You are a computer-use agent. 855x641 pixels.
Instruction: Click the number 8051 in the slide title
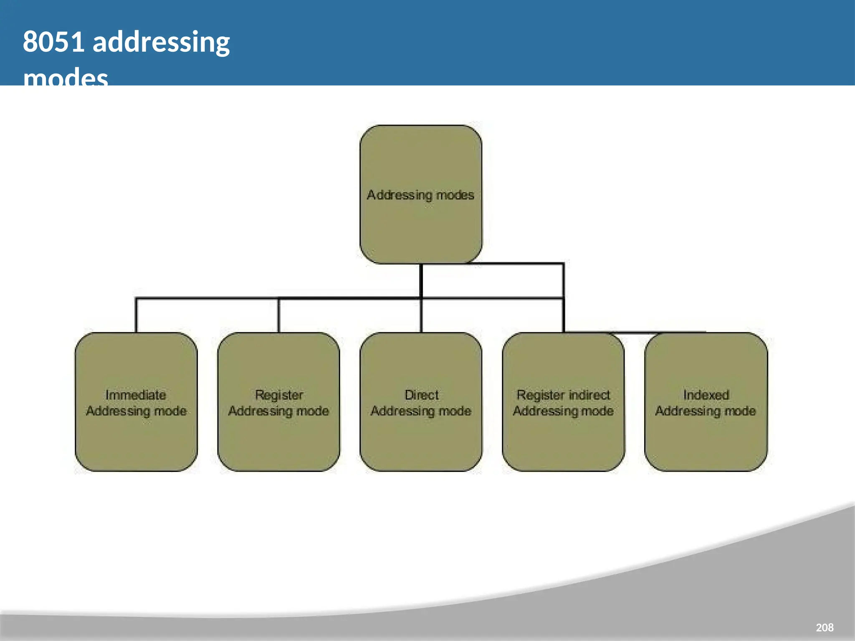53,42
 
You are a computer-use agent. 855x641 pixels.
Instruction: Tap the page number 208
825,627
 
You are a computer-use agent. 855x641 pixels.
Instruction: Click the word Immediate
136,395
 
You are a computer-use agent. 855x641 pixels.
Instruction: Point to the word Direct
422,395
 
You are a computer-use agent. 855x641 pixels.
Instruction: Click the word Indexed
706,395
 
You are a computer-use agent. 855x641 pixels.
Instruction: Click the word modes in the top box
455,195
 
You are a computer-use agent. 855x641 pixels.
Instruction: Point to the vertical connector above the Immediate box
136,315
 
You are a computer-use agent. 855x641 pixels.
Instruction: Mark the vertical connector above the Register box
278,315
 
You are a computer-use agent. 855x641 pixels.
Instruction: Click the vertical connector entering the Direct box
421,315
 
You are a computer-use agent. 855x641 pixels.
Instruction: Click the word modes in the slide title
66,78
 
